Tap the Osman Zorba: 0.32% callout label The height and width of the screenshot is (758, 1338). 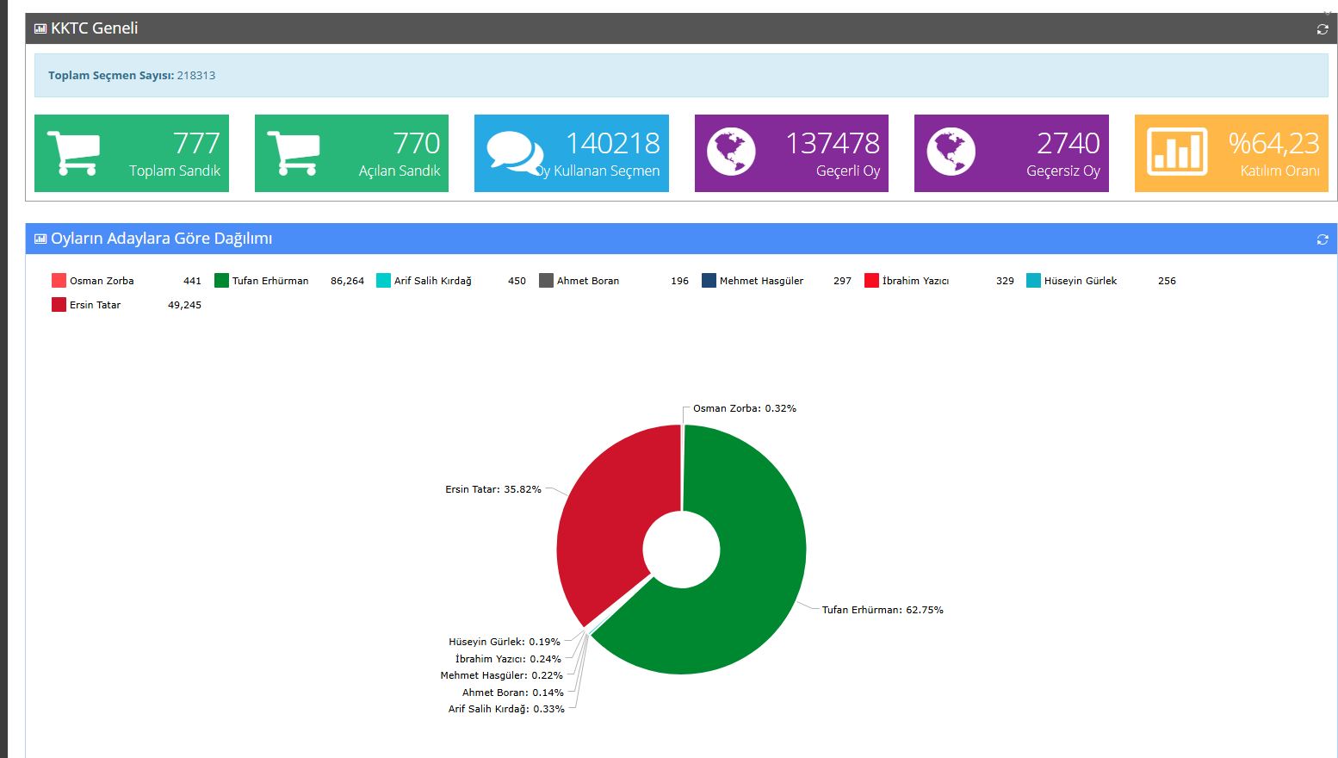pyautogui.click(x=744, y=408)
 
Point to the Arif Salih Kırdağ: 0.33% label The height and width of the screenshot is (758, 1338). pyautogui.click(x=506, y=709)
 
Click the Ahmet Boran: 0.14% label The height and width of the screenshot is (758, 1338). pyautogui.click(x=512, y=693)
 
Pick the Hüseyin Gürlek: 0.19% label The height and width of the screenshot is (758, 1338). pyautogui.click(x=504, y=642)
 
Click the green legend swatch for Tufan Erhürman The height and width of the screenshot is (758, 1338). pyautogui.click(x=221, y=281)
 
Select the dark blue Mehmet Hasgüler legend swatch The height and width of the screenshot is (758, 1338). pyautogui.click(x=709, y=281)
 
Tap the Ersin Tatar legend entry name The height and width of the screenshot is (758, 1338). pyautogui.click(x=95, y=305)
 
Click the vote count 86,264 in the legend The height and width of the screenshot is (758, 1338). pyautogui.click(x=347, y=281)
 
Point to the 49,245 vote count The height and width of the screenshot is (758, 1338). pyautogui.click(x=184, y=305)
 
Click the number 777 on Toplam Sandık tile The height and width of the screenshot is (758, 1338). pyautogui.click(x=196, y=143)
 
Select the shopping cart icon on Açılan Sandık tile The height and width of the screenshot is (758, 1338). pyautogui.click(x=293, y=152)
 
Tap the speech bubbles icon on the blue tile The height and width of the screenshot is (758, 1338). pyautogui.click(x=514, y=152)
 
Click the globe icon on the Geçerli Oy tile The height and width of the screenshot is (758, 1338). pyautogui.click(x=731, y=152)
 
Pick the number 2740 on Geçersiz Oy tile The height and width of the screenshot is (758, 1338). pyautogui.click(x=1068, y=143)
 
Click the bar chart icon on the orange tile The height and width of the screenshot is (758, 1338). pyautogui.click(x=1177, y=152)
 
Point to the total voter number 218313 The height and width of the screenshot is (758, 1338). pyautogui.click(x=196, y=76)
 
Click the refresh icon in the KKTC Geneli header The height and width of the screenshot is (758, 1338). pyautogui.click(x=1323, y=29)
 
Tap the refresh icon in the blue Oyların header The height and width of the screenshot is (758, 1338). pyautogui.click(x=1323, y=239)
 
